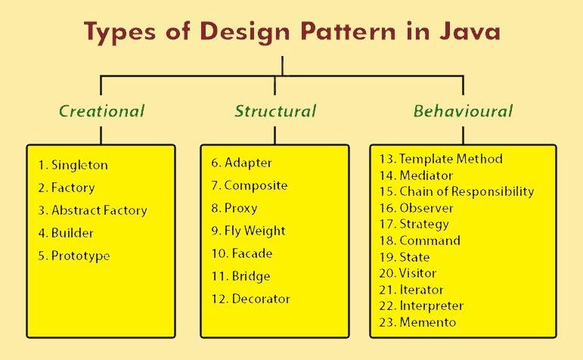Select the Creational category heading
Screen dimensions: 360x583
[x=101, y=111]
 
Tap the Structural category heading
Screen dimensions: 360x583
[x=274, y=111]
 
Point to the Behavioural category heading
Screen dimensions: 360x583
[x=463, y=111]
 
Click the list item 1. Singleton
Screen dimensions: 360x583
[x=73, y=165]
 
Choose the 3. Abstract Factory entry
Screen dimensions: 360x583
[x=92, y=210]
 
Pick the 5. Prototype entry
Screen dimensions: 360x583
[x=73, y=256]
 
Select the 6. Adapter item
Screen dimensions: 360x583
[x=242, y=163]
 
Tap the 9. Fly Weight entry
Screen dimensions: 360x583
[x=249, y=231]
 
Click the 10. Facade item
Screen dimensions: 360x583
[x=242, y=253]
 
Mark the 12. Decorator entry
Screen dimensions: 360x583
[x=251, y=299]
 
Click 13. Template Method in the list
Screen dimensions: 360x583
[x=441, y=159]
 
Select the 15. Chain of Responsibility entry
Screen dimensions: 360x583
[x=457, y=191]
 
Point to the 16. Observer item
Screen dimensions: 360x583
[x=416, y=208]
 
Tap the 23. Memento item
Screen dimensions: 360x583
[x=417, y=322]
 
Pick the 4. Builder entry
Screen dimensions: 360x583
[x=67, y=233]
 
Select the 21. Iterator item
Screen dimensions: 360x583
[x=411, y=290]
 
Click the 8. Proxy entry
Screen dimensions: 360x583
[x=235, y=208]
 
